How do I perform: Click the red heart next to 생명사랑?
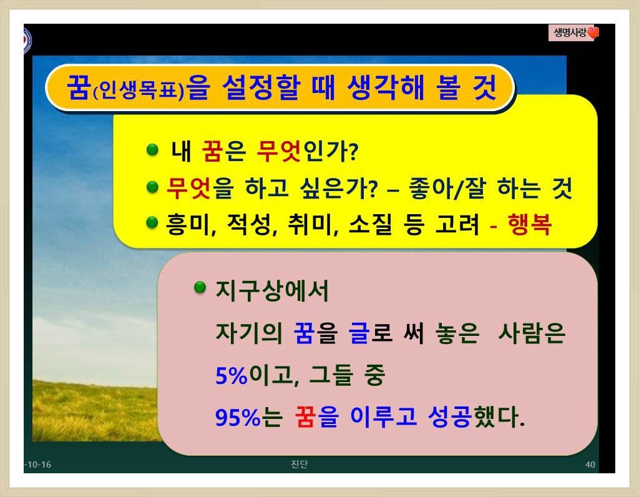pos(593,32)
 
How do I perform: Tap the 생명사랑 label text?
pos(570,32)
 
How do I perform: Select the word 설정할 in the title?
pos(261,87)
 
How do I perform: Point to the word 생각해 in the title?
pos(386,87)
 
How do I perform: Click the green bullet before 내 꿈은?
pos(152,150)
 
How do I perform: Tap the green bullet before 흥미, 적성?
pos(152,223)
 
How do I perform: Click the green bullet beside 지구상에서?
pos(200,287)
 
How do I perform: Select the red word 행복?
pos(529,224)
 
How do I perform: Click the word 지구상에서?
pos(272,291)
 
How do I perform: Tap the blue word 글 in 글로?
pos(359,333)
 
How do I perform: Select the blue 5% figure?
pos(232,375)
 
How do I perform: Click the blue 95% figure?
pos(238,417)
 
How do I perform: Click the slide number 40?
pos(590,465)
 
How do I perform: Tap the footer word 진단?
pos(300,464)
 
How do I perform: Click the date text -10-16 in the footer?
pos(38,465)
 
